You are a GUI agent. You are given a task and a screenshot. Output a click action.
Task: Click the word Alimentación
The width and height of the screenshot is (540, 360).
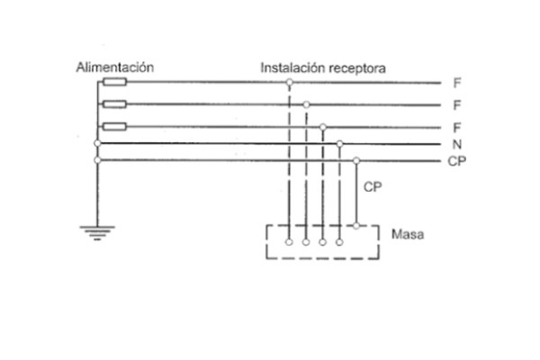click(x=115, y=67)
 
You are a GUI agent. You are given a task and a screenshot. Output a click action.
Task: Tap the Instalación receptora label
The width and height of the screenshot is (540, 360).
click(x=324, y=67)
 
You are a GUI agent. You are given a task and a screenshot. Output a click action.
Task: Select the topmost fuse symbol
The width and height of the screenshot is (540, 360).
click(x=114, y=83)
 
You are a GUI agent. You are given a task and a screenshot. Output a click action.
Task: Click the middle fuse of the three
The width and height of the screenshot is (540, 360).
click(x=114, y=104)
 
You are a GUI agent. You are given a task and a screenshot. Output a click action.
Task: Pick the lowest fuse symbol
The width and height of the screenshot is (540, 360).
click(x=114, y=126)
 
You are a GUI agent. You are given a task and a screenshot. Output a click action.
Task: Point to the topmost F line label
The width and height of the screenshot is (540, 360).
click(x=457, y=83)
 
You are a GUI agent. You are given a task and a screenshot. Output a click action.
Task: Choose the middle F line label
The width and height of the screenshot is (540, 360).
click(x=457, y=105)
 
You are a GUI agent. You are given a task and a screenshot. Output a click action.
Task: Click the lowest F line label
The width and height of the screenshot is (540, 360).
click(x=457, y=127)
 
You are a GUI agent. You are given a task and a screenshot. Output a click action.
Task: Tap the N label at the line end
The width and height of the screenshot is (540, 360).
click(x=457, y=144)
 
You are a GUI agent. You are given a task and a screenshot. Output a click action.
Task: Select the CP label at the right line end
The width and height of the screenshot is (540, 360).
click(x=455, y=161)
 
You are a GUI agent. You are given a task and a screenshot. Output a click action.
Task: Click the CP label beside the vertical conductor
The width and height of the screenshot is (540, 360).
click(x=372, y=187)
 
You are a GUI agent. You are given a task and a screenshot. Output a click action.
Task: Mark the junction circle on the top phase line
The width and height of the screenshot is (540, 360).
click(x=289, y=83)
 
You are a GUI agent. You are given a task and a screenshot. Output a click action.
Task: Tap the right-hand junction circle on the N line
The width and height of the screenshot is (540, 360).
click(x=339, y=143)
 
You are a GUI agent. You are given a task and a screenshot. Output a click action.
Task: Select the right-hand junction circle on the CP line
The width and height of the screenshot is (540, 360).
click(x=356, y=160)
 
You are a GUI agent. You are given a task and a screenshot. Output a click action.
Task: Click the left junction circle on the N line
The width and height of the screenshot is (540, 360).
click(x=97, y=143)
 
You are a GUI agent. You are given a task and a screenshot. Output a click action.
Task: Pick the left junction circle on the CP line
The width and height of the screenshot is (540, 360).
click(x=97, y=160)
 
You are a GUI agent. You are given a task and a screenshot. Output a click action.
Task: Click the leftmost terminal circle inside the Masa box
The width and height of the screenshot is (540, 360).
click(x=289, y=242)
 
